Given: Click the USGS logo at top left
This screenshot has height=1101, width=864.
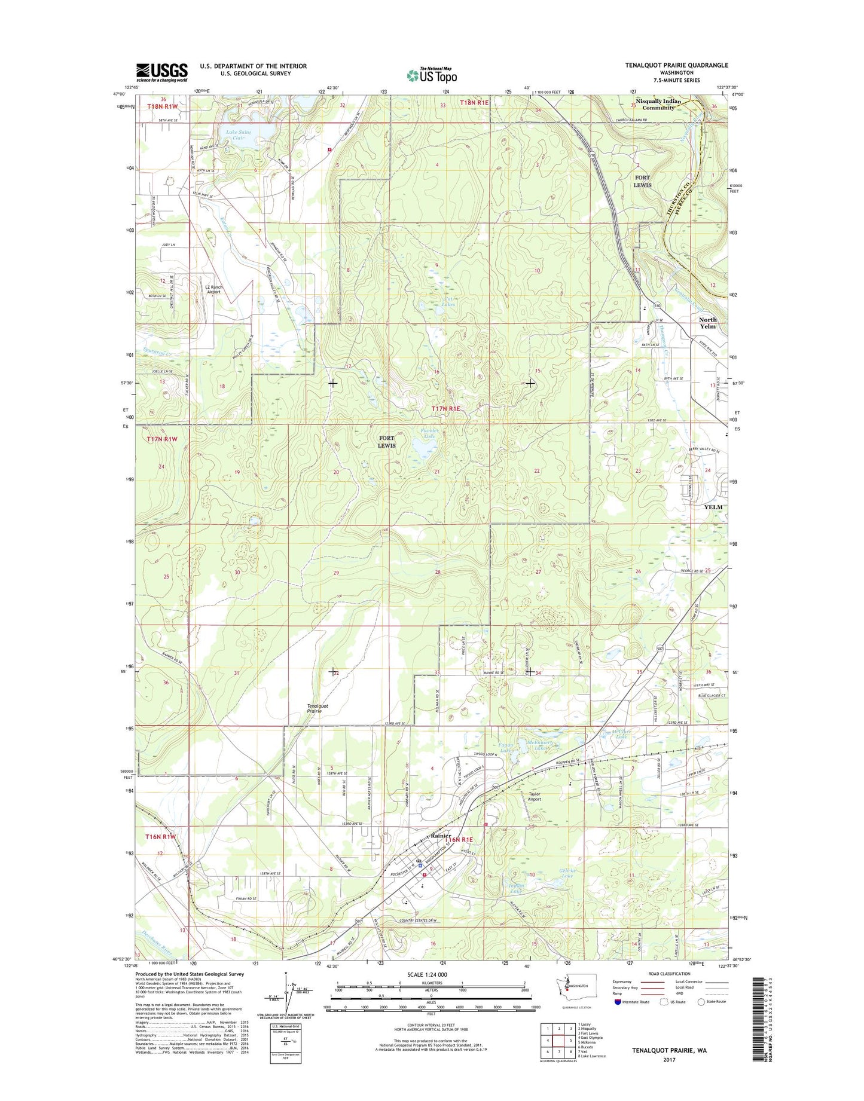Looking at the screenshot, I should pos(161,72).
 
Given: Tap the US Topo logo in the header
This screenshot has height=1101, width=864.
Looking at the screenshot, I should pos(432,75).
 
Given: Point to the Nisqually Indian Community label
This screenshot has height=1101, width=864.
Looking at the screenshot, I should pos(658,104).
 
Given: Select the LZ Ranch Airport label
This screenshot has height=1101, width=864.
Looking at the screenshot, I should pos(213,289).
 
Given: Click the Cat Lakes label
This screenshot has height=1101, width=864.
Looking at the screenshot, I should pos(448,301).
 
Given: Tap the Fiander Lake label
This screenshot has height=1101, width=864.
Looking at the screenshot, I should pos(429,433).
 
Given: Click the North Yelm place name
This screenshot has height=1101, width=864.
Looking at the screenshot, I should pos(707,323).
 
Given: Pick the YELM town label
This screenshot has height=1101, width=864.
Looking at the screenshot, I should pos(713,507).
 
